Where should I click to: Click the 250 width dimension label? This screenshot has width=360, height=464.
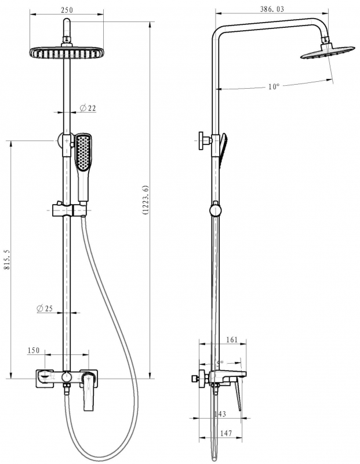click(x=67, y=10)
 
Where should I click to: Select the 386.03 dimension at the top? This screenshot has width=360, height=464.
click(x=272, y=9)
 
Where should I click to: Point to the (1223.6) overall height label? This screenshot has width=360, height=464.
click(x=145, y=200)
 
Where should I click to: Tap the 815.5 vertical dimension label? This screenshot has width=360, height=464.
click(x=7, y=259)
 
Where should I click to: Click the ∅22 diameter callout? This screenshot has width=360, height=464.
click(x=88, y=108)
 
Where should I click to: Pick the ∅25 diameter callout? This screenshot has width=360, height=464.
click(x=45, y=309)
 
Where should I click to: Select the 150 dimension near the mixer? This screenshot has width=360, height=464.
click(x=34, y=350)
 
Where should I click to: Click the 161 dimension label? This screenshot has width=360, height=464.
click(x=232, y=339)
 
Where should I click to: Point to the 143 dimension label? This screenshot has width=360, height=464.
click(x=220, y=414)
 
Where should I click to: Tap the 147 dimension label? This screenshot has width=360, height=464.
click(x=226, y=433)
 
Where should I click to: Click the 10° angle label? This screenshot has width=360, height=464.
click(x=274, y=86)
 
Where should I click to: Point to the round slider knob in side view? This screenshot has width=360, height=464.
click(x=215, y=211)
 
